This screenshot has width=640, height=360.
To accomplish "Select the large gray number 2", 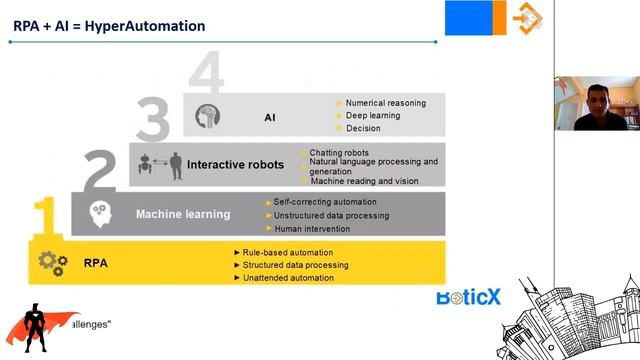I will (100, 172).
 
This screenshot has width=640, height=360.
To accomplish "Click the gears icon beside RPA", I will (52, 264).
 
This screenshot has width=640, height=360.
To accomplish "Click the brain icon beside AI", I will (207, 116).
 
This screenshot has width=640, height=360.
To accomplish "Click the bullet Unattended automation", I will (289, 277).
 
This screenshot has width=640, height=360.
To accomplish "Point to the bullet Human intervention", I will (312, 228).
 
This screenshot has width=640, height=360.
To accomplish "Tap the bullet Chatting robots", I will (331, 152).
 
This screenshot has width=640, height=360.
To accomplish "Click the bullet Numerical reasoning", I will (385, 102).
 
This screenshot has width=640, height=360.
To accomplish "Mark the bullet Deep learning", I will (372, 115).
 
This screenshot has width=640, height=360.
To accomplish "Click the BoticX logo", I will (469, 297).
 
